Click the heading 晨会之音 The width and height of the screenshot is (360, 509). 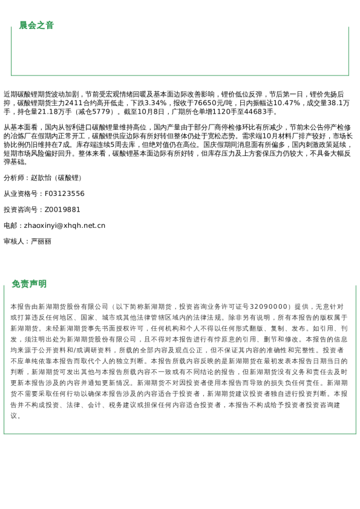pyautogui.click(x=36, y=25)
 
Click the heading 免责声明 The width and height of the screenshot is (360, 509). pyautogui.click(x=29, y=284)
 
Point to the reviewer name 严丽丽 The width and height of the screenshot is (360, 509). pyautogui.click(x=41, y=241)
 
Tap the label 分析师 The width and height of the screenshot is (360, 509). pyautogui.click(x=15, y=178)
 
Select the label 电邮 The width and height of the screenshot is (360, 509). pyautogui.click(x=10, y=225)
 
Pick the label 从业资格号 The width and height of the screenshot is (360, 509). pyautogui.click(x=21, y=193)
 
